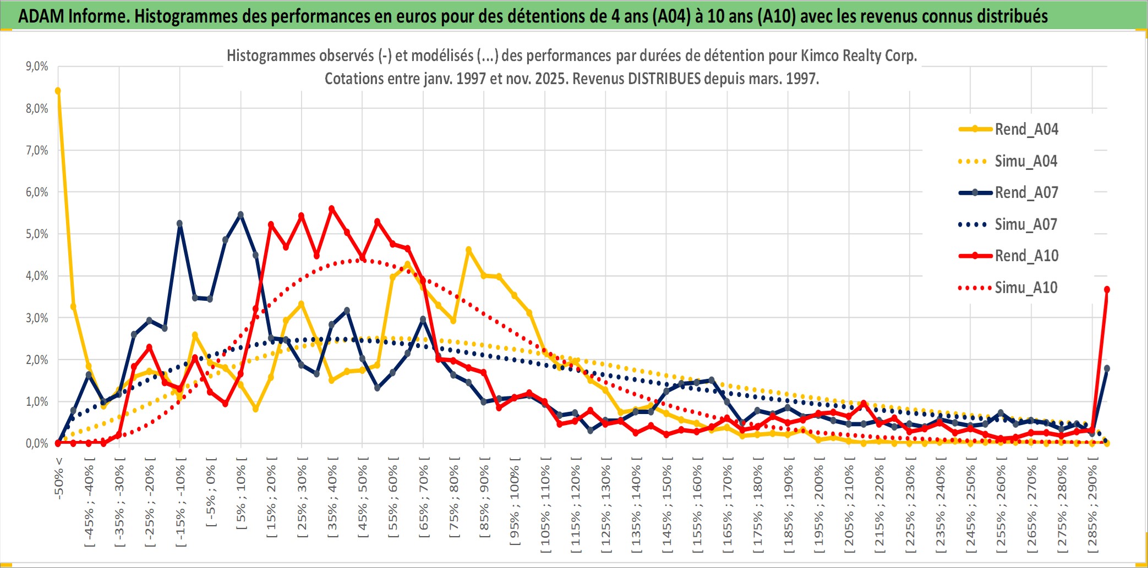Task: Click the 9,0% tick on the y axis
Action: [x=37, y=67]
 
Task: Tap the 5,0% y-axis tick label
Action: [x=37, y=234]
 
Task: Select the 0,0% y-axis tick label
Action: [x=37, y=443]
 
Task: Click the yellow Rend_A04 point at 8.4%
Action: [x=58, y=91]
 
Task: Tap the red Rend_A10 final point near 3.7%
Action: [x=1107, y=289]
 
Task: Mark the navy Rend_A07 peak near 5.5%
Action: [x=240, y=214]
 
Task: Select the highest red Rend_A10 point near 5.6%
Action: [x=331, y=209]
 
